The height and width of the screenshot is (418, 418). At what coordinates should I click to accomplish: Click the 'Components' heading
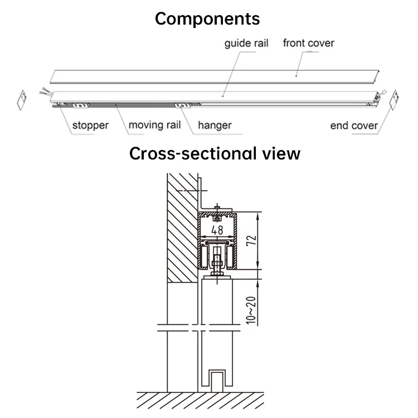pyautogui.click(x=207, y=19)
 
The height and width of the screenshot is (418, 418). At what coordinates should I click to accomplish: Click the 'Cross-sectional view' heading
pyautogui.click(x=215, y=154)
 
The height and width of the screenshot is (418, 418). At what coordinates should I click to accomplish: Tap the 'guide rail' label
pyautogui.click(x=246, y=43)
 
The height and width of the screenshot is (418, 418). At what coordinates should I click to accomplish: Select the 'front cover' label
pyautogui.click(x=308, y=43)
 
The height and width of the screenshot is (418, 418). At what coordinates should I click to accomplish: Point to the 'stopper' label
pyautogui.click(x=90, y=125)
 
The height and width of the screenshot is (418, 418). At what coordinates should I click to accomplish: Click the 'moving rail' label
pyautogui.click(x=154, y=125)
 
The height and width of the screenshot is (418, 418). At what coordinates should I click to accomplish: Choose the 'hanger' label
pyautogui.click(x=215, y=125)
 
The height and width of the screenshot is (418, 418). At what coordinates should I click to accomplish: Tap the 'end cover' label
pyautogui.click(x=354, y=125)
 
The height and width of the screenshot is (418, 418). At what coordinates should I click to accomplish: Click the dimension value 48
pyautogui.click(x=217, y=230)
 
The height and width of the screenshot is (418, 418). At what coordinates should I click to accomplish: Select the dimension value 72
pyautogui.click(x=251, y=241)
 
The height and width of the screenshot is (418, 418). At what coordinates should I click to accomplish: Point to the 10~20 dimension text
pyautogui.click(x=251, y=310)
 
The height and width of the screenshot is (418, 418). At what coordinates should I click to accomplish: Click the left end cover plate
pyautogui.click(x=22, y=100)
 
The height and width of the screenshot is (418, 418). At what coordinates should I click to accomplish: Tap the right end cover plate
pyautogui.click(x=394, y=100)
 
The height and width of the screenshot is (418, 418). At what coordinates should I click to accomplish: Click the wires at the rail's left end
pyautogui.click(x=44, y=91)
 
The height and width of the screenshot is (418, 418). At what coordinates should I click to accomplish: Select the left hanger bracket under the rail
pyautogui.click(x=80, y=106)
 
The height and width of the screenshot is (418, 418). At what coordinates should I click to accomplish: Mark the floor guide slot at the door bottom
pyautogui.click(x=216, y=381)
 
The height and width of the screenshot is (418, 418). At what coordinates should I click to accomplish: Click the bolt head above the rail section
pyautogui.click(x=217, y=207)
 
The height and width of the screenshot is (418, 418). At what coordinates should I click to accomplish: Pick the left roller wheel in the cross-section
pyautogui.click(x=205, y=257)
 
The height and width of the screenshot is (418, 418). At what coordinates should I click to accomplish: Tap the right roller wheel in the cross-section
pyautogui.click(x=230, y=257)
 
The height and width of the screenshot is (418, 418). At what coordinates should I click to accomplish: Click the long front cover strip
pyautogui.click(x=215, y=77)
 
